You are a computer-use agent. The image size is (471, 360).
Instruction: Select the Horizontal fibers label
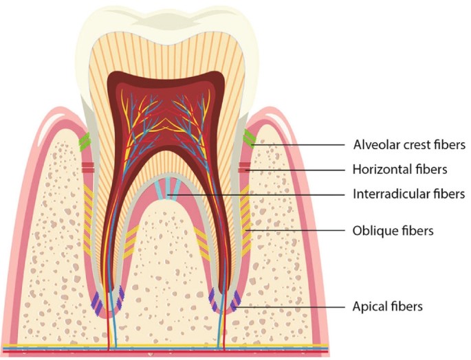[399, 168]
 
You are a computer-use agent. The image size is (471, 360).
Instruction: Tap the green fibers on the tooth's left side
[84, 142]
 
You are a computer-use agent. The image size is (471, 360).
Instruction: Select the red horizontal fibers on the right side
[244, 168]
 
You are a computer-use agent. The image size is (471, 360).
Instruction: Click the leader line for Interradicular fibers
[261, 195]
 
